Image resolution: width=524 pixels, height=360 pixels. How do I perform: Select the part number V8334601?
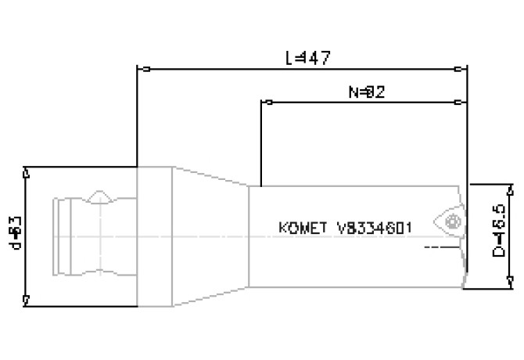[x=374, y=228]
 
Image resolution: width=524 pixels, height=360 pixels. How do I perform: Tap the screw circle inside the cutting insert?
[x=451, y=222]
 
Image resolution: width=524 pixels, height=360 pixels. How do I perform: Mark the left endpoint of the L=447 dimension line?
[x=138, y=69]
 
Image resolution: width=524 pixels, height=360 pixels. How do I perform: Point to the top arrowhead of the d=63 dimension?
[x=27, y=171]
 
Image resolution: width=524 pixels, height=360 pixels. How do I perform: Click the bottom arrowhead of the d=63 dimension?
[x=27, y=298]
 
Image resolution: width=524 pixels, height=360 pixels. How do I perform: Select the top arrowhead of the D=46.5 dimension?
[x=510, y=189]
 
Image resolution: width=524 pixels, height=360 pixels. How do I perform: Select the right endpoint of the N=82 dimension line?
[x=458, y=102]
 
